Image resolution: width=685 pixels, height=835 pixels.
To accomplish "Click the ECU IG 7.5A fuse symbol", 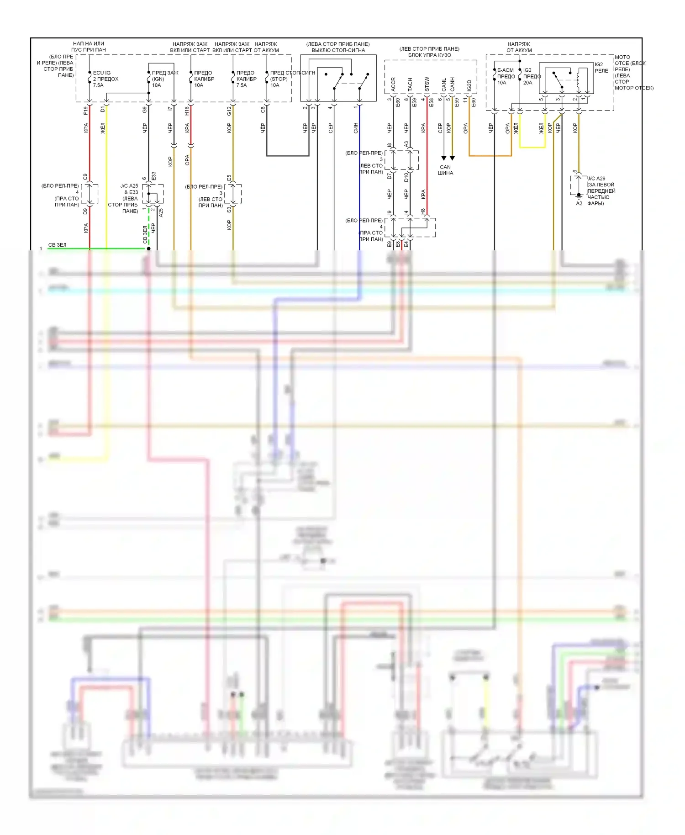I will (x=90, y=79).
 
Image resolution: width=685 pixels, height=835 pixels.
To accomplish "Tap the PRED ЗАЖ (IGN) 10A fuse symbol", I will (x=149, y=79).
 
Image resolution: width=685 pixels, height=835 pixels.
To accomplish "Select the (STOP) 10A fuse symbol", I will (x=267, y=79).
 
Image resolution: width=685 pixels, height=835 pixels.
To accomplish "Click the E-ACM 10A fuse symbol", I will (x=495, y=77).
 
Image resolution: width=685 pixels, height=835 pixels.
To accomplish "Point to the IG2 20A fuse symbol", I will (x=520, y=76).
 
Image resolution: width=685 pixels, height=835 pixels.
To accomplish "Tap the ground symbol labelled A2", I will (x=579, y=197).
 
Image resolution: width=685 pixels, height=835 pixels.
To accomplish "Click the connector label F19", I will (x=85, y=110).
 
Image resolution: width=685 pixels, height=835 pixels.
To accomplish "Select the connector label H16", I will (x=187, y=110).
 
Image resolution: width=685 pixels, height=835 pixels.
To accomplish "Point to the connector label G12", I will (x=229, y=110).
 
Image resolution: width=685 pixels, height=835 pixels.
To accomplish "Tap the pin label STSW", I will (x=427, y=83).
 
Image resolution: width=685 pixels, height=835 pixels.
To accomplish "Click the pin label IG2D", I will (x=469, y=85).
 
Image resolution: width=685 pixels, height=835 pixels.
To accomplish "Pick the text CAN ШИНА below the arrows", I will (x=445, y=170).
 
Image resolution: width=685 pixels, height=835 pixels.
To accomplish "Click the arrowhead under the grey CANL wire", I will (x=443, y=158).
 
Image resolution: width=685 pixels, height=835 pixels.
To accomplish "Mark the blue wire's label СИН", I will (x=356, y=128).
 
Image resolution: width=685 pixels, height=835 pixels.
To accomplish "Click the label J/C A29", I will (x=596, y=179).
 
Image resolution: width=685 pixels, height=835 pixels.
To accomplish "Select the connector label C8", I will (x=263, y=110).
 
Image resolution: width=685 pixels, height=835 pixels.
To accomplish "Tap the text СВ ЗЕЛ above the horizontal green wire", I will (x=58, y=245).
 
